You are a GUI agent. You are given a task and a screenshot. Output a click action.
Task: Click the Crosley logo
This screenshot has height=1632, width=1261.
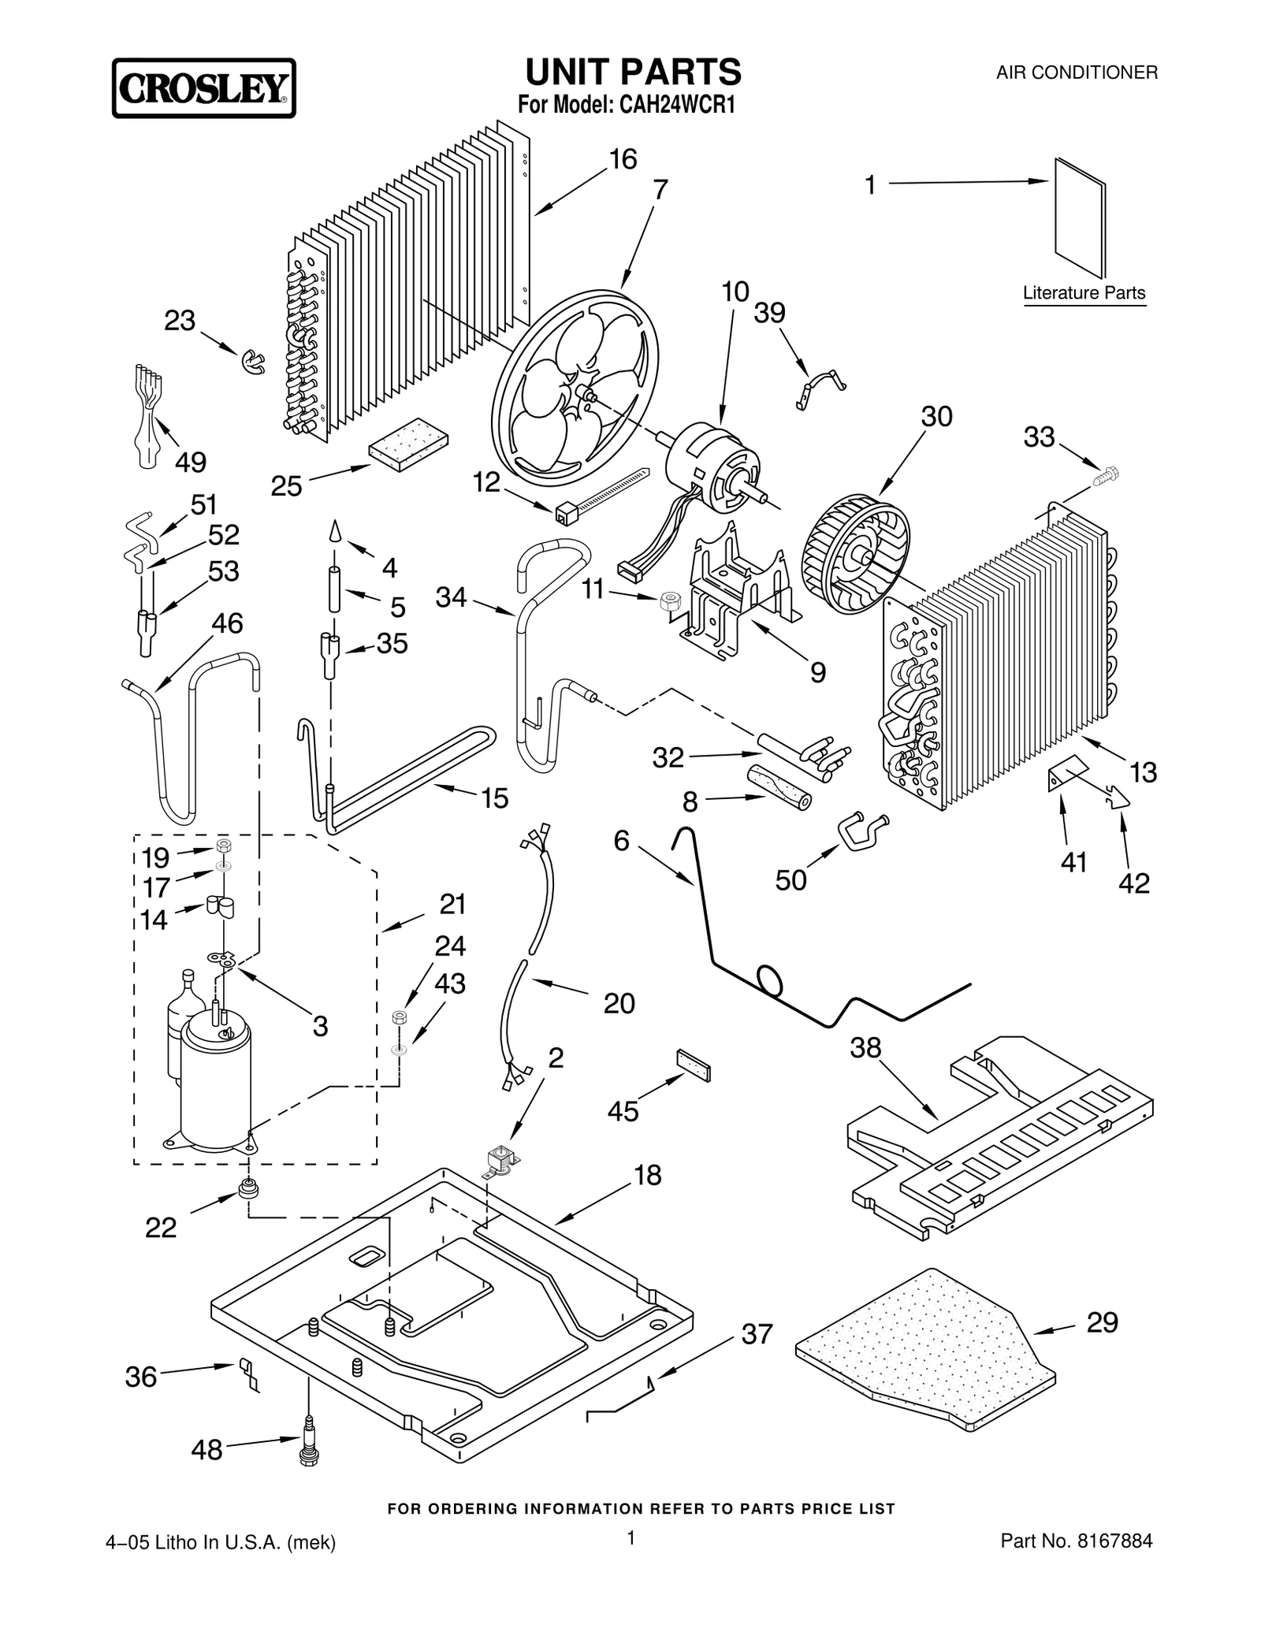point(203,88)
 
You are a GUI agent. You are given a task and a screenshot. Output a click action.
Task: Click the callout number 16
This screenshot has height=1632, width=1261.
point(623,159)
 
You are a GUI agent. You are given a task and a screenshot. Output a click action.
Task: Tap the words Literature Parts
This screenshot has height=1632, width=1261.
point(1084,293)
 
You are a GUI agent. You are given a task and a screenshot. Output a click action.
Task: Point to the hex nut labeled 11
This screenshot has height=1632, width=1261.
point(668,603)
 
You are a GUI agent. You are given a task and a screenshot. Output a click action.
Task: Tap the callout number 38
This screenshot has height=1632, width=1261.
point(865,1047)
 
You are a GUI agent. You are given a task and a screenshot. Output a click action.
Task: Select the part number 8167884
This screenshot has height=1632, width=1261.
point(1113,1541)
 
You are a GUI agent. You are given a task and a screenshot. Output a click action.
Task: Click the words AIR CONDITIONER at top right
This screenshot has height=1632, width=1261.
point(1077,73)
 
